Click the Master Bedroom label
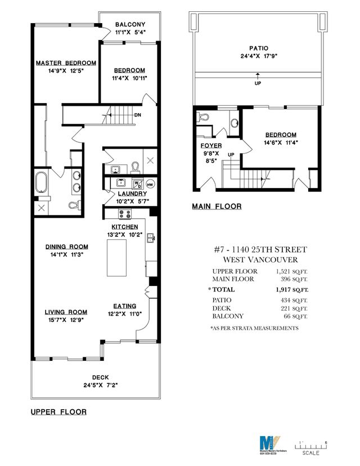click(66, 62)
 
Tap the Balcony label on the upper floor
click(130, 25)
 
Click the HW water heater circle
click(150, 183)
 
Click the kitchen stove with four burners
click(125, 214)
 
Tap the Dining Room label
click(67, 246)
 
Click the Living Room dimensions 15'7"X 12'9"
click(66, 320)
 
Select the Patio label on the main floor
click(258, 48)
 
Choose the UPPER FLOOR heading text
click(58, 412)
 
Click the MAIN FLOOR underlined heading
click(217, 207)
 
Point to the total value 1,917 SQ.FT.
click(292, 289)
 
